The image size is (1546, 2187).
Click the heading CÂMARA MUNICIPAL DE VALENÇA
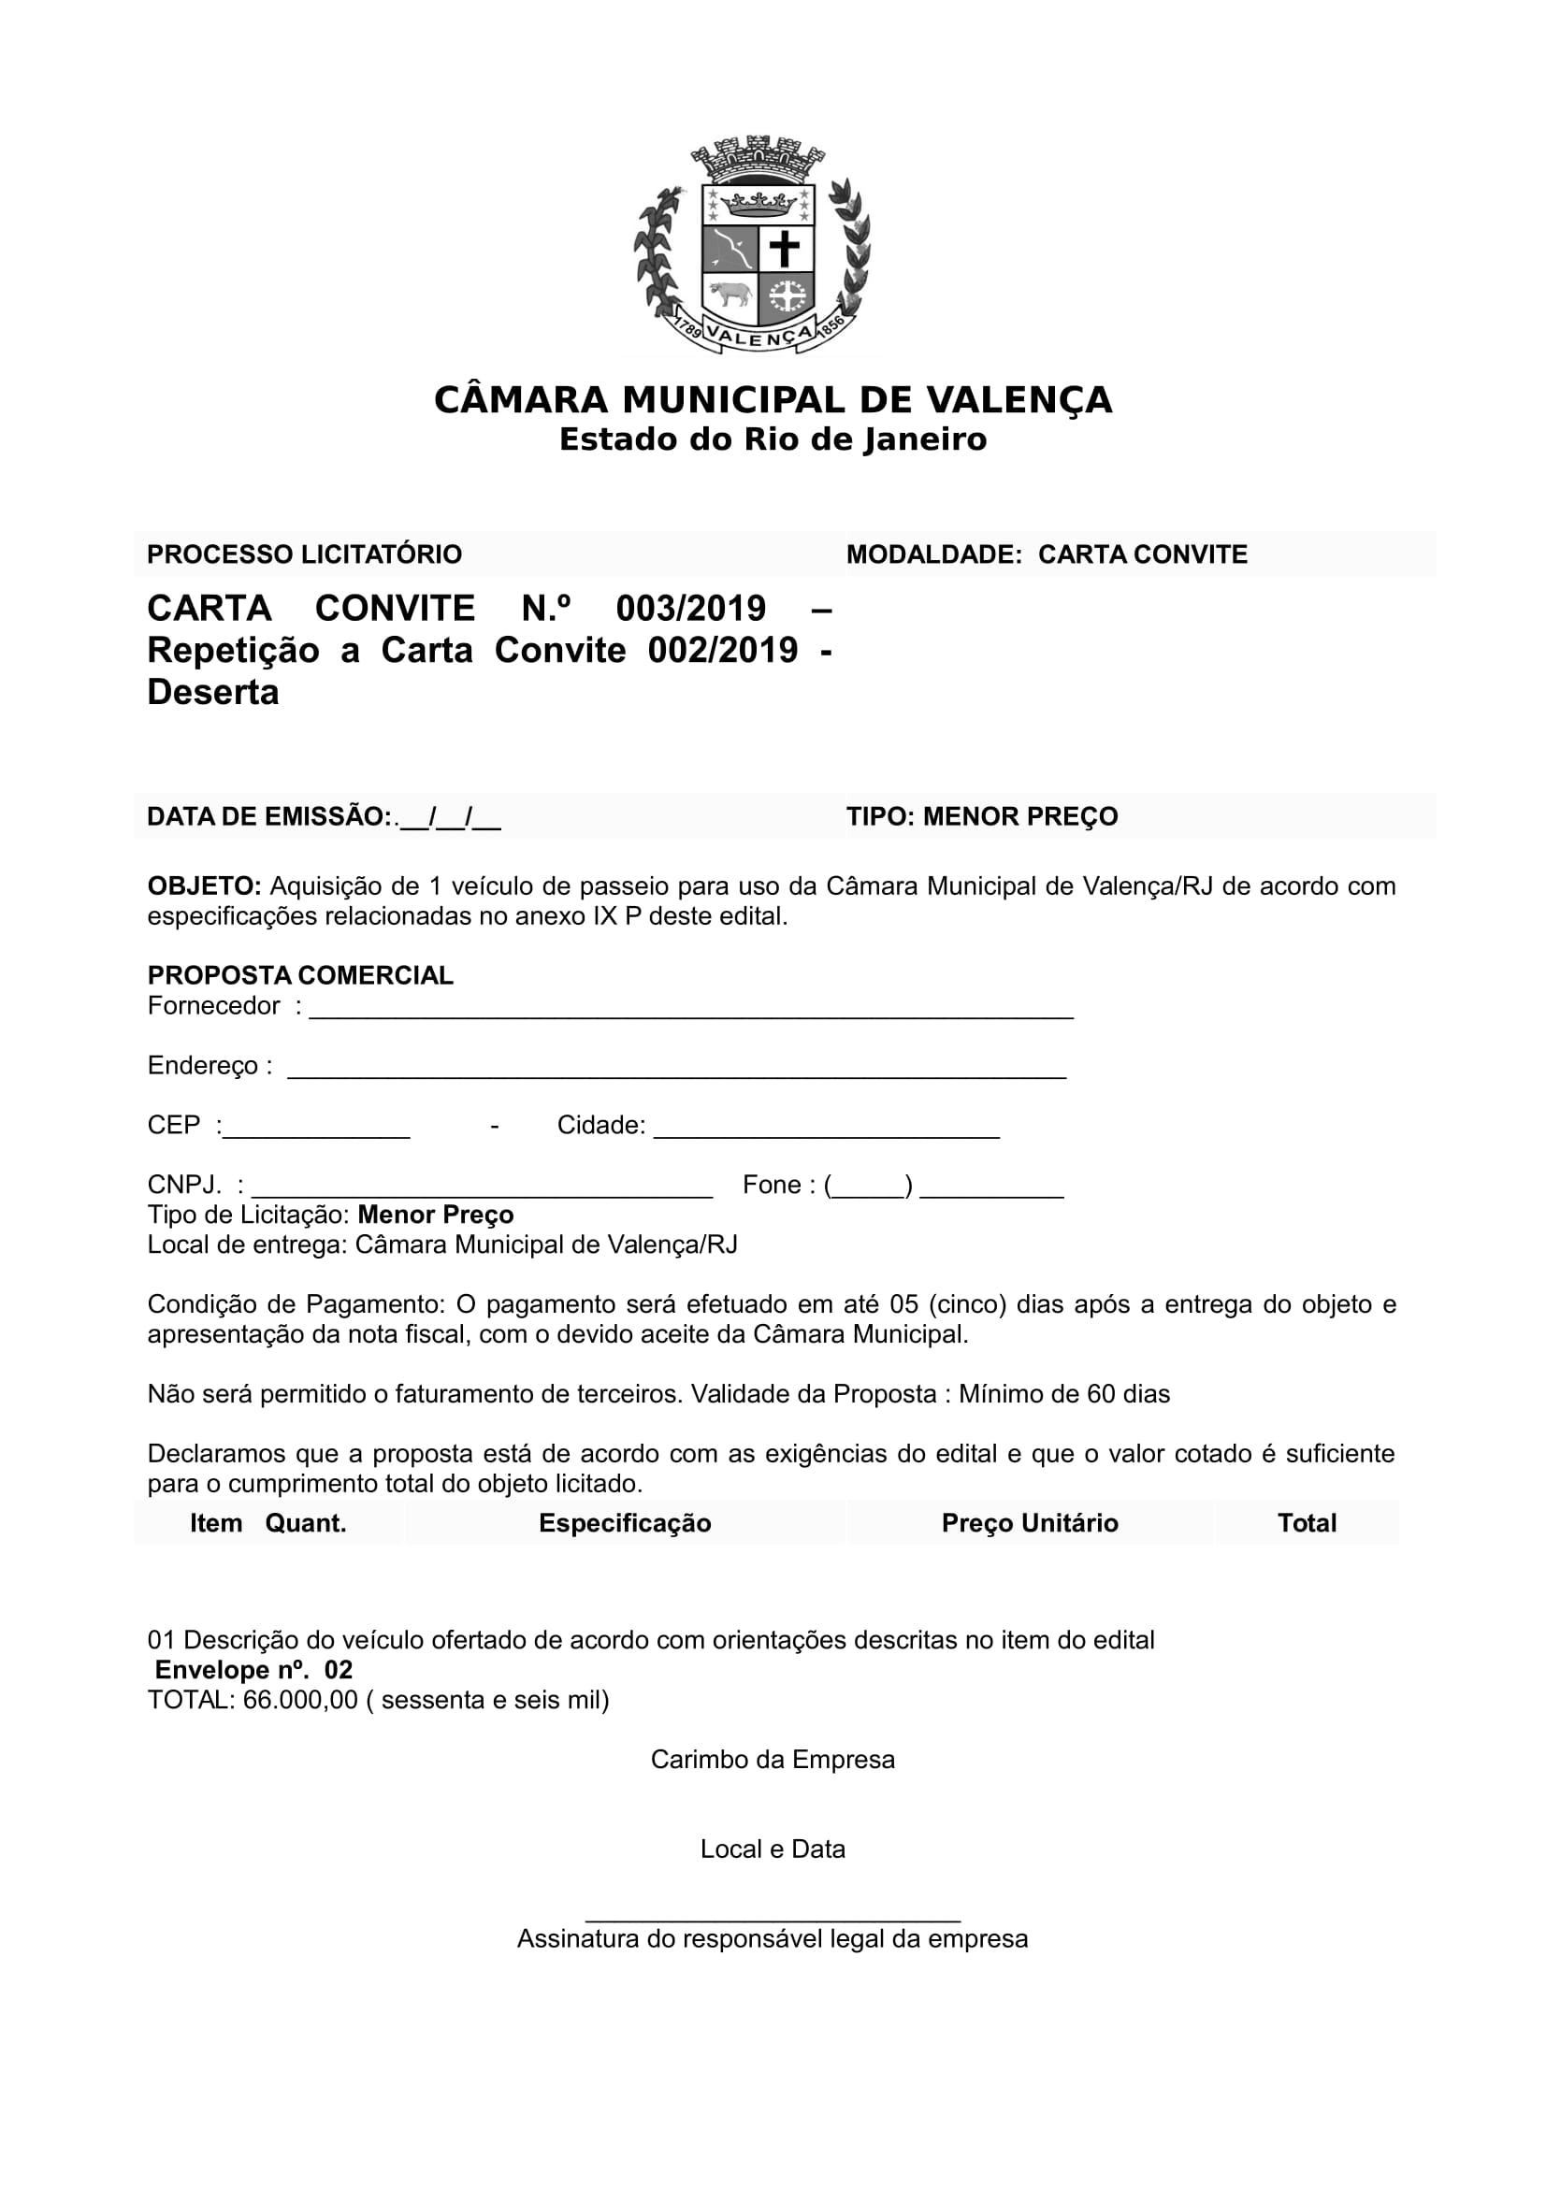tap(773, 400)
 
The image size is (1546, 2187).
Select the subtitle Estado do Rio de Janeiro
tap(773, 440)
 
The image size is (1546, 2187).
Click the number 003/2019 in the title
tap(690, 608)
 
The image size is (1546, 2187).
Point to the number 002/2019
tap(722, 650)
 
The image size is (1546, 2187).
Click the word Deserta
tap(213, 692)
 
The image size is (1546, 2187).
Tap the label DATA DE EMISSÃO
tap(268, 816)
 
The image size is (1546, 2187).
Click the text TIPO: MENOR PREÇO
tap(982, 816)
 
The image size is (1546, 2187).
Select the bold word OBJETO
tap(204, 885)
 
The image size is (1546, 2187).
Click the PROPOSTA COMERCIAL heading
tap(300, 974)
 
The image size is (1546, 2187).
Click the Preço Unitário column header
tap(1030, 1522)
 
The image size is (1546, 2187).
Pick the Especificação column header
tap(625, 1522)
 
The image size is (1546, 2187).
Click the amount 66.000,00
tap(300, 1699)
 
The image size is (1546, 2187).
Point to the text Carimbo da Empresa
tap(773, 1760)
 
